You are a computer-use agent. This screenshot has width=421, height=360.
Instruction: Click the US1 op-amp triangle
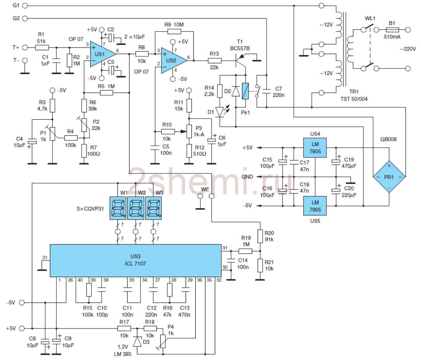[101, 54]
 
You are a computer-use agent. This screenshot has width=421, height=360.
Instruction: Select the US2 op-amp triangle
[172, 61]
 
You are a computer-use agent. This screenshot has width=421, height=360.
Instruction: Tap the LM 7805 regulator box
[315, 148]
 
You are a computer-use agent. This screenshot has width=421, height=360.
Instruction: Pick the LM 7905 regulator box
[315, 206]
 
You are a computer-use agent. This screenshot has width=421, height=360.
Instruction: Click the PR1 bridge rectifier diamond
[389, 177]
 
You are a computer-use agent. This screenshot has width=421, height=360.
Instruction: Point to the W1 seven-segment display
[118, 208]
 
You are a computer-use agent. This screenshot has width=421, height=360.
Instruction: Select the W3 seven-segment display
[153, 208]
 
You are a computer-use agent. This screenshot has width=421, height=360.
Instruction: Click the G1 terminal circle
[25, 5]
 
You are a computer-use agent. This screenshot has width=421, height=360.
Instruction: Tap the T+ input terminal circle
[25, 47]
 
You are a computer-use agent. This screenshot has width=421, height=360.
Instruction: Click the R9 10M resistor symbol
[174, 31]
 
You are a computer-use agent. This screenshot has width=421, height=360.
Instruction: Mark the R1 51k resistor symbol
[42, 47]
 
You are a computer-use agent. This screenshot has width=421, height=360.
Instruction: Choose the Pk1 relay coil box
[246, 91]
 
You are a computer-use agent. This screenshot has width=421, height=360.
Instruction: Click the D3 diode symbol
[137, 341]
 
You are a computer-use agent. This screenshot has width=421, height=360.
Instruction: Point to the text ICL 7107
[135, 264]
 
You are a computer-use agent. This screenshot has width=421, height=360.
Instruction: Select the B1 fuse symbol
[392, 30]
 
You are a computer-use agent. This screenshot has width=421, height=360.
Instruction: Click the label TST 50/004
[354, 99]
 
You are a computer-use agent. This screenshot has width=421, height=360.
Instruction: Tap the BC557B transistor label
[240, 48]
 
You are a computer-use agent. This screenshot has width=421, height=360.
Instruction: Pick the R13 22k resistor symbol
[214, 61]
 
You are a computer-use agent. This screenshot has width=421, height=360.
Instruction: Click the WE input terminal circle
[212, 196]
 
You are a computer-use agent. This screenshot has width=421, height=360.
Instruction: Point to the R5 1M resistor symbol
[106, 93]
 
